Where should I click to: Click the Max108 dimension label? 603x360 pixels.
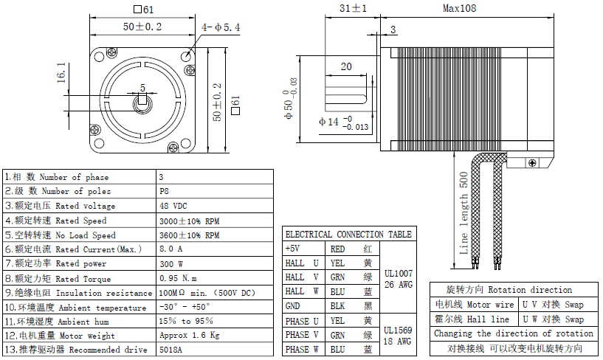coord(459,9)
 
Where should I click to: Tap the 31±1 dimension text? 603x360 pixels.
coord(354,9)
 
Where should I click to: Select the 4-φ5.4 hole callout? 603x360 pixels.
coord(221,27)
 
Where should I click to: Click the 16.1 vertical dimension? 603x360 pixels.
coord(61,74)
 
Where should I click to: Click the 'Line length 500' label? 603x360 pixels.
coord(464,214)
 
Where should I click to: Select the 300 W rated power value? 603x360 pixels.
coord(173,263)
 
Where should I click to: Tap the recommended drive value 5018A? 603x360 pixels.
coord(170,349)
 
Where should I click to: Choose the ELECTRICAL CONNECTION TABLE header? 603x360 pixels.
coord(348,235)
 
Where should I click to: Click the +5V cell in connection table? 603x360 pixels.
coord(292,249)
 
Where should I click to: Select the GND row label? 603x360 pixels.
coord(293,305)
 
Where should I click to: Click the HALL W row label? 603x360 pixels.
coord(303,291)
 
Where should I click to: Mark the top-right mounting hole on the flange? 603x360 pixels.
coord(189,54)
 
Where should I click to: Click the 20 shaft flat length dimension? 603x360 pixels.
coord(345,66)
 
